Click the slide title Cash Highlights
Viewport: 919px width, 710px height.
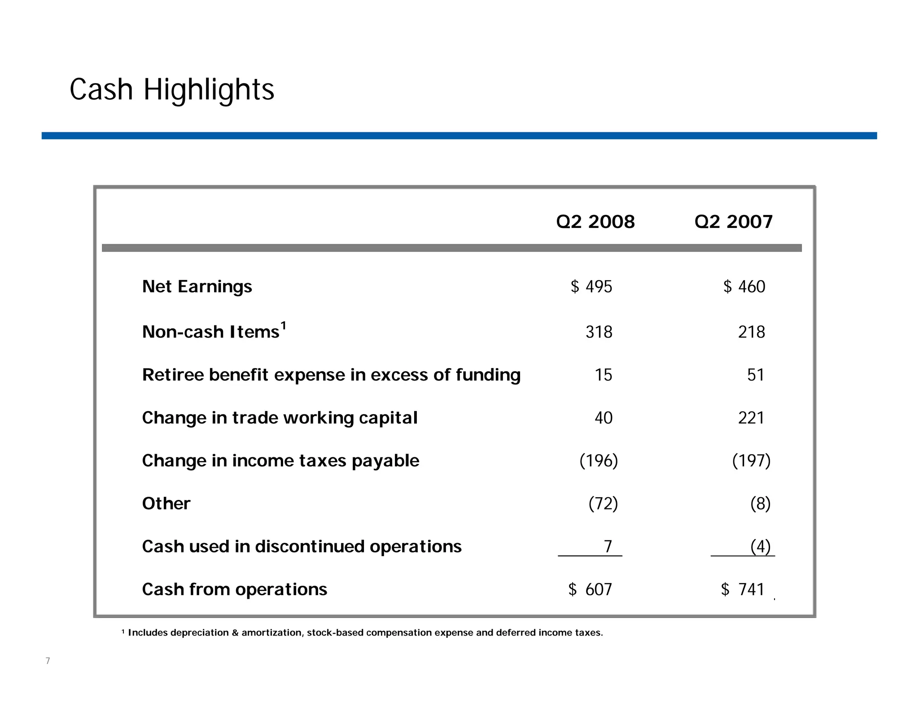coord(172,90)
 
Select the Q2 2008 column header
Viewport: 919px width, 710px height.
coord(595,222)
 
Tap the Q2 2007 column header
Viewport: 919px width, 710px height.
coord(733,222)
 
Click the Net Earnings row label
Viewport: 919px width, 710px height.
coord(197,286)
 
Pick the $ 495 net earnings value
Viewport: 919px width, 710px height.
coord(591,286)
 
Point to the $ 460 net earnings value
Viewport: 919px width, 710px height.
coord(744,286)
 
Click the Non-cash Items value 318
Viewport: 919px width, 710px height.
coord(599,332)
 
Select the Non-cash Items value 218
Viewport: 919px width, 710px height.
coord(751,332)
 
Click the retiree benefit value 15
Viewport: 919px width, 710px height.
coord(603,375)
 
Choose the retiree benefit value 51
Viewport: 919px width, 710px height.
coord(756,375)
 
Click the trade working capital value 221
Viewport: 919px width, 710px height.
coord(751,418)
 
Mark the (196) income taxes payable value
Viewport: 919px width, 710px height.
coord(599,460)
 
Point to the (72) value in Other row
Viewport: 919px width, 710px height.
coord(603,504)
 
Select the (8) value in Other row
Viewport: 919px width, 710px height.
coord(760,504)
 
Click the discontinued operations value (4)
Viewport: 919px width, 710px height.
coord(760,546)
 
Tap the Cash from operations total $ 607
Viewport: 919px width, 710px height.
coord(590,589)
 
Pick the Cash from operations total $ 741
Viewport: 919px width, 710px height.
coord(743,589)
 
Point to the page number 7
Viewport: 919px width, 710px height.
coord(48,661)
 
